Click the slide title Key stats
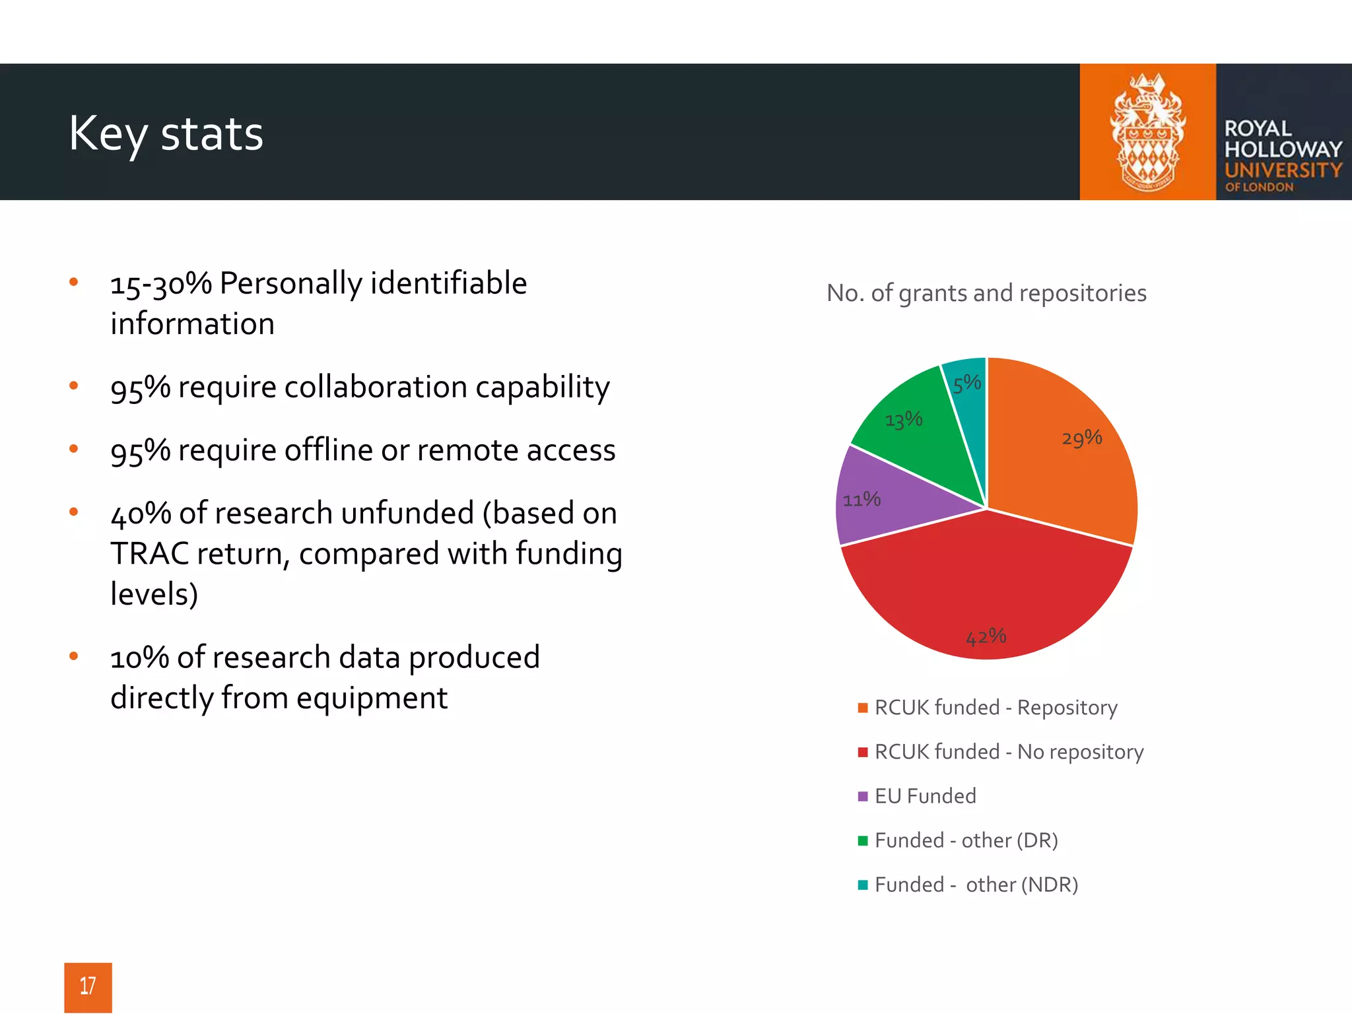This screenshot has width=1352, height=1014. click(x=166, y=134)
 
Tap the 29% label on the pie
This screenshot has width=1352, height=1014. click(x=1081, y=438)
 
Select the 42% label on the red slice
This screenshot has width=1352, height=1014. click(x=986, y=637)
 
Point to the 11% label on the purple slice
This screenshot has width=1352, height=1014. click(x=862, y=499)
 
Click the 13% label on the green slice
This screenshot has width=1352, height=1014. click(x=903, y=420)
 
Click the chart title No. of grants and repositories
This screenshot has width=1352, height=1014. click(x=986, y=293)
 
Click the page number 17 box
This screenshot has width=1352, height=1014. click(x=88, y=986)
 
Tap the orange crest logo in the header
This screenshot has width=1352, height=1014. click(x=1147, y=132)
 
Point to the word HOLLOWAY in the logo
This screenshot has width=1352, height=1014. click(x=1283, y=149)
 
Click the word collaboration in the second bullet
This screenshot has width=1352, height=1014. click(x=375, y=387)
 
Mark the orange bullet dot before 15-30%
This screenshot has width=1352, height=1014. click(x=74, y=283)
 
